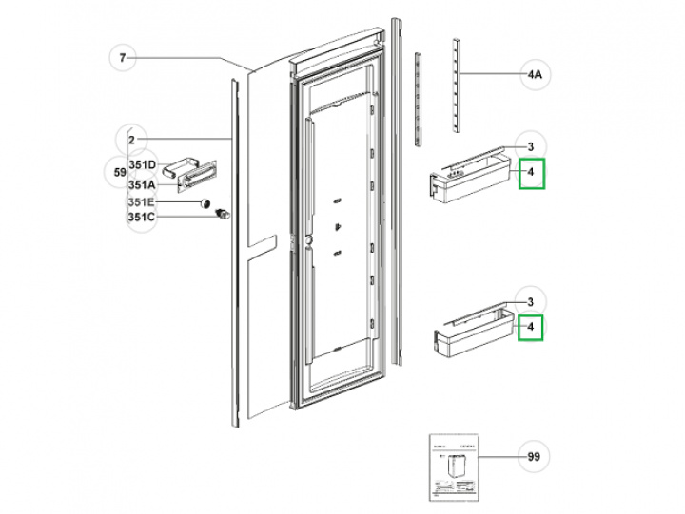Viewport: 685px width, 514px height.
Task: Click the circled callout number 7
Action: pyautogui.click(x=123, y=59)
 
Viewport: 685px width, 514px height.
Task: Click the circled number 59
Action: pyautogui.click(x=119, y=173)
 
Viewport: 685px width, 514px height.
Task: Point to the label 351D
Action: pyautogui.click(x=143, y=164)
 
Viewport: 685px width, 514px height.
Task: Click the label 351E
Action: pyautogui.click(x=143, y=201)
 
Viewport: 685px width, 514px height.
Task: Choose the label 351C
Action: pyautogui.click(x=143, y=218)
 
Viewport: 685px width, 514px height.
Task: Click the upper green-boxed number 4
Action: pyautogui.click(x=531, y=175)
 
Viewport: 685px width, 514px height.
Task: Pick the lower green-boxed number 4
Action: pyautogui.click(x=531, y=330)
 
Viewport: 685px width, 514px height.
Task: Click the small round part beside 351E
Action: pyautogui.click(x=204, y=201)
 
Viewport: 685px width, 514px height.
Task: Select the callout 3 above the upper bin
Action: pyautogui.click(x=531, y=146)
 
